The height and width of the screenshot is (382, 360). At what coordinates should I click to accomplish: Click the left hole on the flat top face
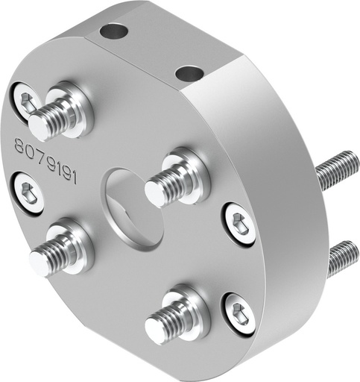[114, 31]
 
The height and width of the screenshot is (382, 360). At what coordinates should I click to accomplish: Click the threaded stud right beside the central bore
[168, 183]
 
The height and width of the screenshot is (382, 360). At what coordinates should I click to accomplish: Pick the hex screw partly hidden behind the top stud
[25, 101]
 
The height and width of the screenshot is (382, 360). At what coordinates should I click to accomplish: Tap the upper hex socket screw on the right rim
[240, 223]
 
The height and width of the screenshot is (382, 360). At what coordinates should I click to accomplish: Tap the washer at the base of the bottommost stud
[183, 312]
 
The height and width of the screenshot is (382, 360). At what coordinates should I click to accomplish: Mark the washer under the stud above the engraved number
[75, 108]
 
